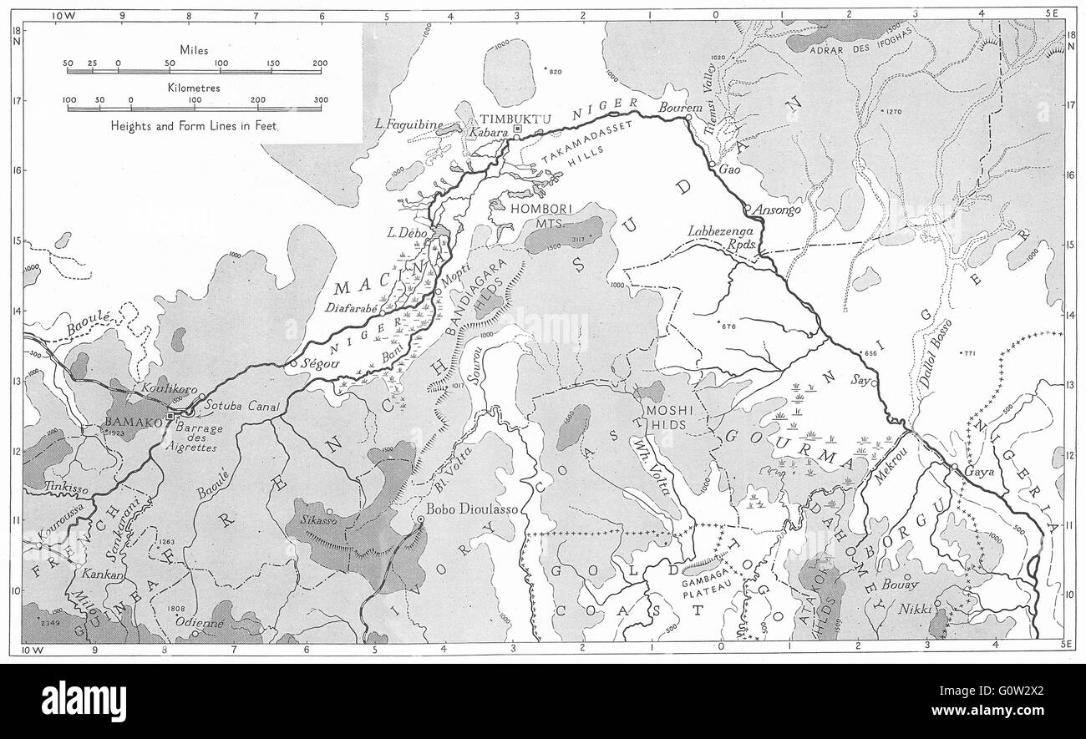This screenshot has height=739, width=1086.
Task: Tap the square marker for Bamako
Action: click(170, 415)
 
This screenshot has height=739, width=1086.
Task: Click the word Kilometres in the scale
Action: click(193, 86)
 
